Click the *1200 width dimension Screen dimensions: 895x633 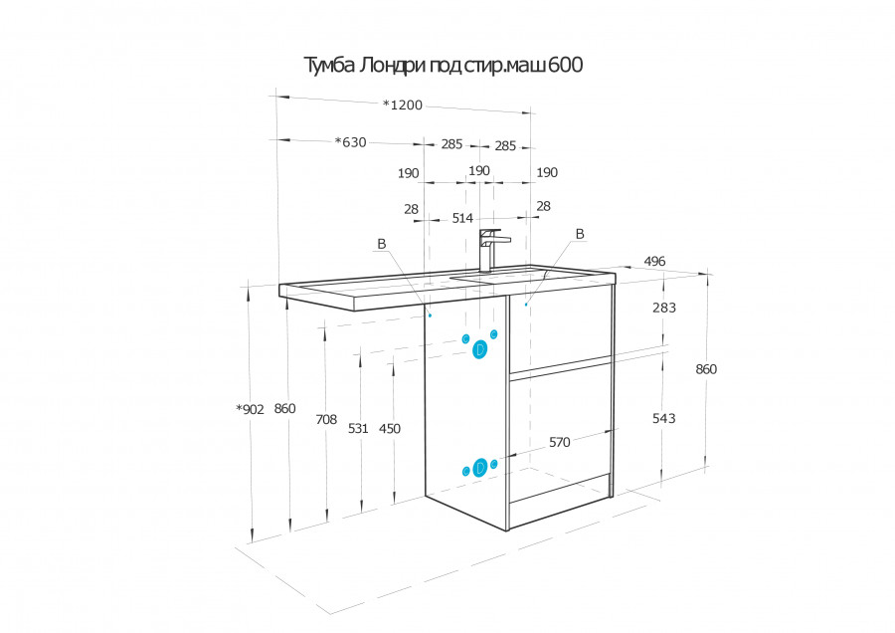[403, 105]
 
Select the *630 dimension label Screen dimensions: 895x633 [350, 142]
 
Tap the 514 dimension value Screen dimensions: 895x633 [462, 218]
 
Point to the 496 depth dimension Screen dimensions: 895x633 [654, 261]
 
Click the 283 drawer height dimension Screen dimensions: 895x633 [664, 308]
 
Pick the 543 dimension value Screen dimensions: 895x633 [664, 419]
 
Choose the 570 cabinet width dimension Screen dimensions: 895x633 [559, 442]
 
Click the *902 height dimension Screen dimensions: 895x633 [250, 409]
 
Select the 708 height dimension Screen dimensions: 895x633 [326, 420]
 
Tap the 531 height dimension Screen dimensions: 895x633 [358, 429]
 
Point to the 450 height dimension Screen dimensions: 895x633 [389, 429]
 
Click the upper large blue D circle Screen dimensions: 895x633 [480, 349]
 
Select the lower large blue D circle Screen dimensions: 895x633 [480, 468]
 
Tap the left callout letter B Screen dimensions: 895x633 [382, 244]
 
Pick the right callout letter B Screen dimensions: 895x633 [580, 234]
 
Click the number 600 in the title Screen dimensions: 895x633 [566, 65]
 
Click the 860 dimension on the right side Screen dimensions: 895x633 [706, 369]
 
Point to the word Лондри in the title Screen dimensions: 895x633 [392, 65]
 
